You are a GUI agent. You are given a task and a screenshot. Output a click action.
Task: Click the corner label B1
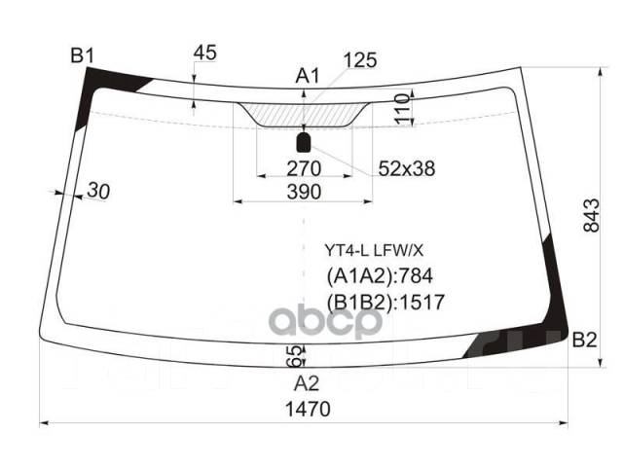click(82, 55)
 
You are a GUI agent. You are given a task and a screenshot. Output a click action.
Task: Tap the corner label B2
click(584, 340)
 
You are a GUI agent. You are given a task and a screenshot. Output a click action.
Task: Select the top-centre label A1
click(308, 76)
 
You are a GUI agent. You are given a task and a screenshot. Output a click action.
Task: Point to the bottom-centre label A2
click(307, 383)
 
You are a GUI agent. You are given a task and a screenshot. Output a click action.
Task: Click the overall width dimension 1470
click(308, 409)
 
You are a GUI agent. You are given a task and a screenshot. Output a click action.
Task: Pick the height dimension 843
click(591, 215)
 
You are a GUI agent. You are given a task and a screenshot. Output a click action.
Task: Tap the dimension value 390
click(304, 192)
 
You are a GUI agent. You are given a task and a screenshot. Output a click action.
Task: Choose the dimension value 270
click(304, 168)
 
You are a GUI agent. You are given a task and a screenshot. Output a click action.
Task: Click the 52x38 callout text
click(407, 168)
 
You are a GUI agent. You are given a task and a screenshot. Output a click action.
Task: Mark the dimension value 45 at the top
click(205, 53)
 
